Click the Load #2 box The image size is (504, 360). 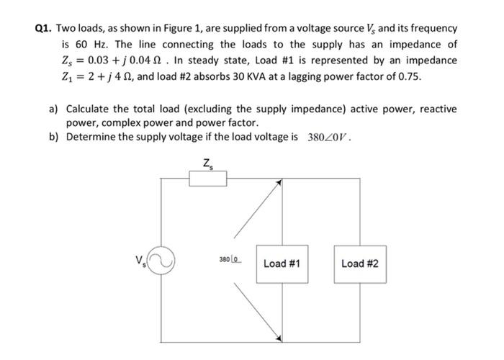point(359,264)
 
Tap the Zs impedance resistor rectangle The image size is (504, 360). point(208,178)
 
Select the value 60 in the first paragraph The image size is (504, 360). point(79,44)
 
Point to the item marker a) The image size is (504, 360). point(53,109)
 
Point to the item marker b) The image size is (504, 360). point(53,137)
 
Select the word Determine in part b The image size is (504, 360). point(91,137)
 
